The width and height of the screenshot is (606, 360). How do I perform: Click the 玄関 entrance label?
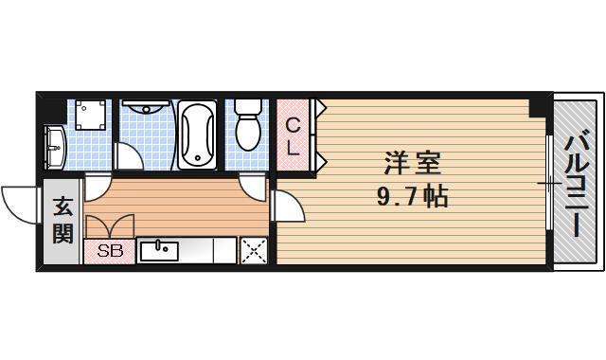pos(62,220)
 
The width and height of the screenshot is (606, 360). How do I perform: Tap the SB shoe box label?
pos(110,252)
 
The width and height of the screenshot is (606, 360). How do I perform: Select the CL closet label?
pos(294,136)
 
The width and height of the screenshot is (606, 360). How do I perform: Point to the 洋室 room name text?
pos(411,162)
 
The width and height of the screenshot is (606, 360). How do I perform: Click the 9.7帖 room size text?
pos(411,198)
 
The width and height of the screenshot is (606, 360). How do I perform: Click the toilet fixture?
pos(248,126)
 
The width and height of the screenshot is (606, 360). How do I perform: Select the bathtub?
pos(197,135)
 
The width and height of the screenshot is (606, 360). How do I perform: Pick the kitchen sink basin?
pos(159,251)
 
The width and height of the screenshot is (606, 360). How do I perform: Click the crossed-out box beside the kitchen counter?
pos(253,251)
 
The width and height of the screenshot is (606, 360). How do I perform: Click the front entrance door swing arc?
pos(21,201)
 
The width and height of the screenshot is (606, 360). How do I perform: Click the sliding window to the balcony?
pos(550,182)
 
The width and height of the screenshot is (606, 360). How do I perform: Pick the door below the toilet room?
pos(252,186)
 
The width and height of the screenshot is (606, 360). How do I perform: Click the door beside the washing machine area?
pos(97,187)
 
